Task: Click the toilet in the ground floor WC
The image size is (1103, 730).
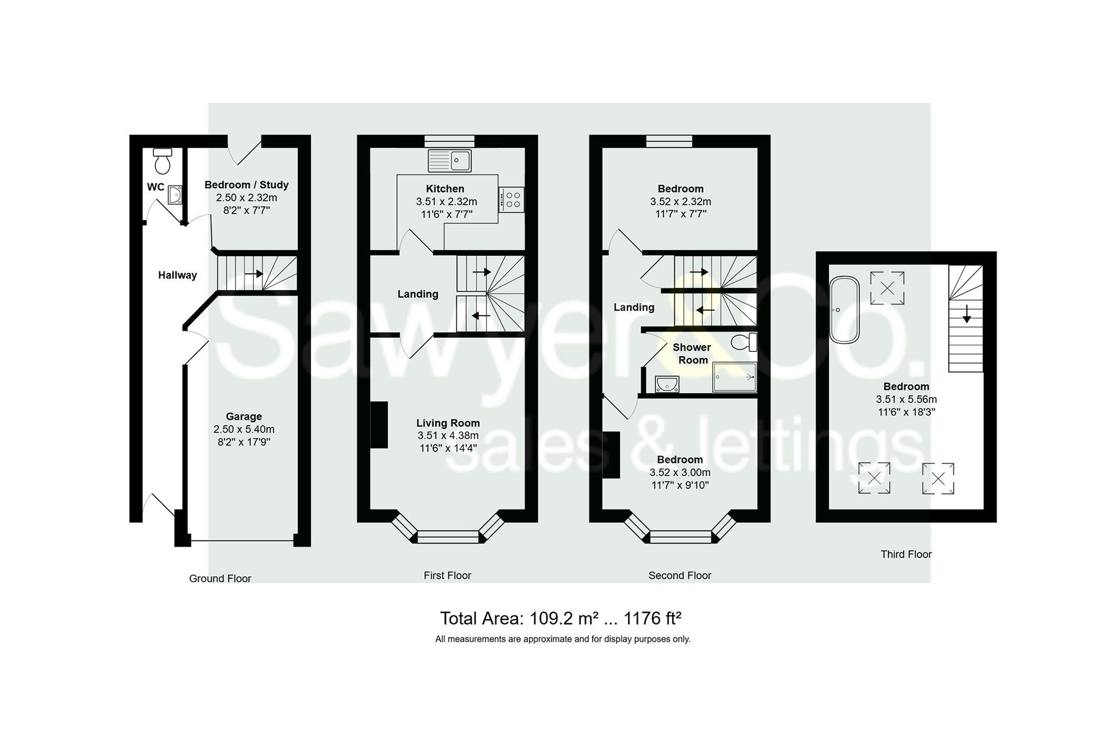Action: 162,160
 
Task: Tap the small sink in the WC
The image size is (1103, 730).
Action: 175,195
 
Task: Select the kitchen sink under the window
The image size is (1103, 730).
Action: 449,160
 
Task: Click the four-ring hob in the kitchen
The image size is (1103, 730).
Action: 512,200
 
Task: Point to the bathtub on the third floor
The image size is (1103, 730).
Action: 844,310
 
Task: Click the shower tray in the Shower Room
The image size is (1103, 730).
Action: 734,377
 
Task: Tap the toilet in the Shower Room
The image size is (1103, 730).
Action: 744,342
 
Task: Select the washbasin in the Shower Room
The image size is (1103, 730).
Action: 667,383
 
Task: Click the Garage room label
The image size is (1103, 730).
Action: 244,417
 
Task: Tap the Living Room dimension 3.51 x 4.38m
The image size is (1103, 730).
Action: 448,436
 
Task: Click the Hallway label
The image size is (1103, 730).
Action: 177,275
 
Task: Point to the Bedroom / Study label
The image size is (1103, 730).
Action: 247,185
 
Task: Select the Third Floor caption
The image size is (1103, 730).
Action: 906,554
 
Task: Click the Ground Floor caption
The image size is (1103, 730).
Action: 220,578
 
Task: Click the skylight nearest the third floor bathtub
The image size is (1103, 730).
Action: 887,288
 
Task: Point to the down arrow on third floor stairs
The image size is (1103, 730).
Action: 966,315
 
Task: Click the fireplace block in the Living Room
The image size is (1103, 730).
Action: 379,425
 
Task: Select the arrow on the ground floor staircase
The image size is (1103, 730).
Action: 254,273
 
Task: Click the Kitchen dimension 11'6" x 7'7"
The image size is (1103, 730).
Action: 447,214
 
